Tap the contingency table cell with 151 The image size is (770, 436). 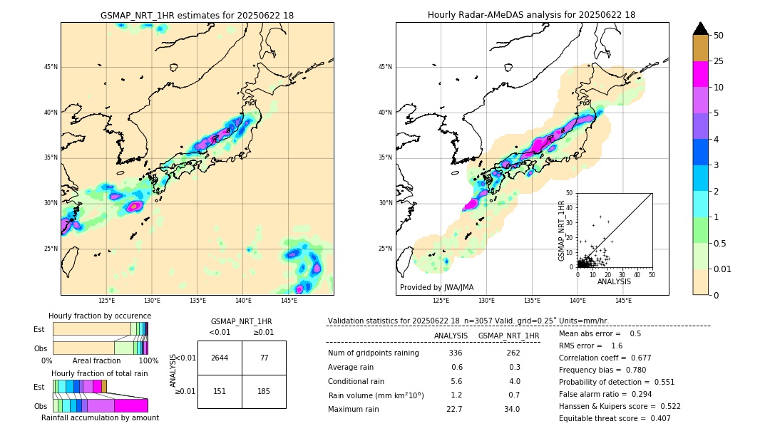coord(220,390)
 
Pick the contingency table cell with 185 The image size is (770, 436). coord(263,390)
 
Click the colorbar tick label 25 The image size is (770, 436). coord(719,61)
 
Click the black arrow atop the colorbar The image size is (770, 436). coord(700,28)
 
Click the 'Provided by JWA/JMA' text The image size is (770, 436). coord(436,288)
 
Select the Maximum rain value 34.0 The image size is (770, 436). coord(511,409)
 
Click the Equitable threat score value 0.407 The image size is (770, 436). coord(656,418)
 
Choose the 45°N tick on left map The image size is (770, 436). coord(51,67)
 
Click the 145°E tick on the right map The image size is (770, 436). coord(623,301)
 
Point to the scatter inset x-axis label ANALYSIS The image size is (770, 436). coord(614,281)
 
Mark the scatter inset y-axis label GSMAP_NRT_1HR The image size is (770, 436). coord(561,230)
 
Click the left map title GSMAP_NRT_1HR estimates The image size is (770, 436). coord(197,15)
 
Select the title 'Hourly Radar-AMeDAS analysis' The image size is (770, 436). coord(531,15)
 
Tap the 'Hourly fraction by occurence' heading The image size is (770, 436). coord(100,316)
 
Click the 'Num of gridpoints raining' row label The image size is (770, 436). coord(373,353)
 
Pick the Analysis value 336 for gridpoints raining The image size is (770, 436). coord(456,353)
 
